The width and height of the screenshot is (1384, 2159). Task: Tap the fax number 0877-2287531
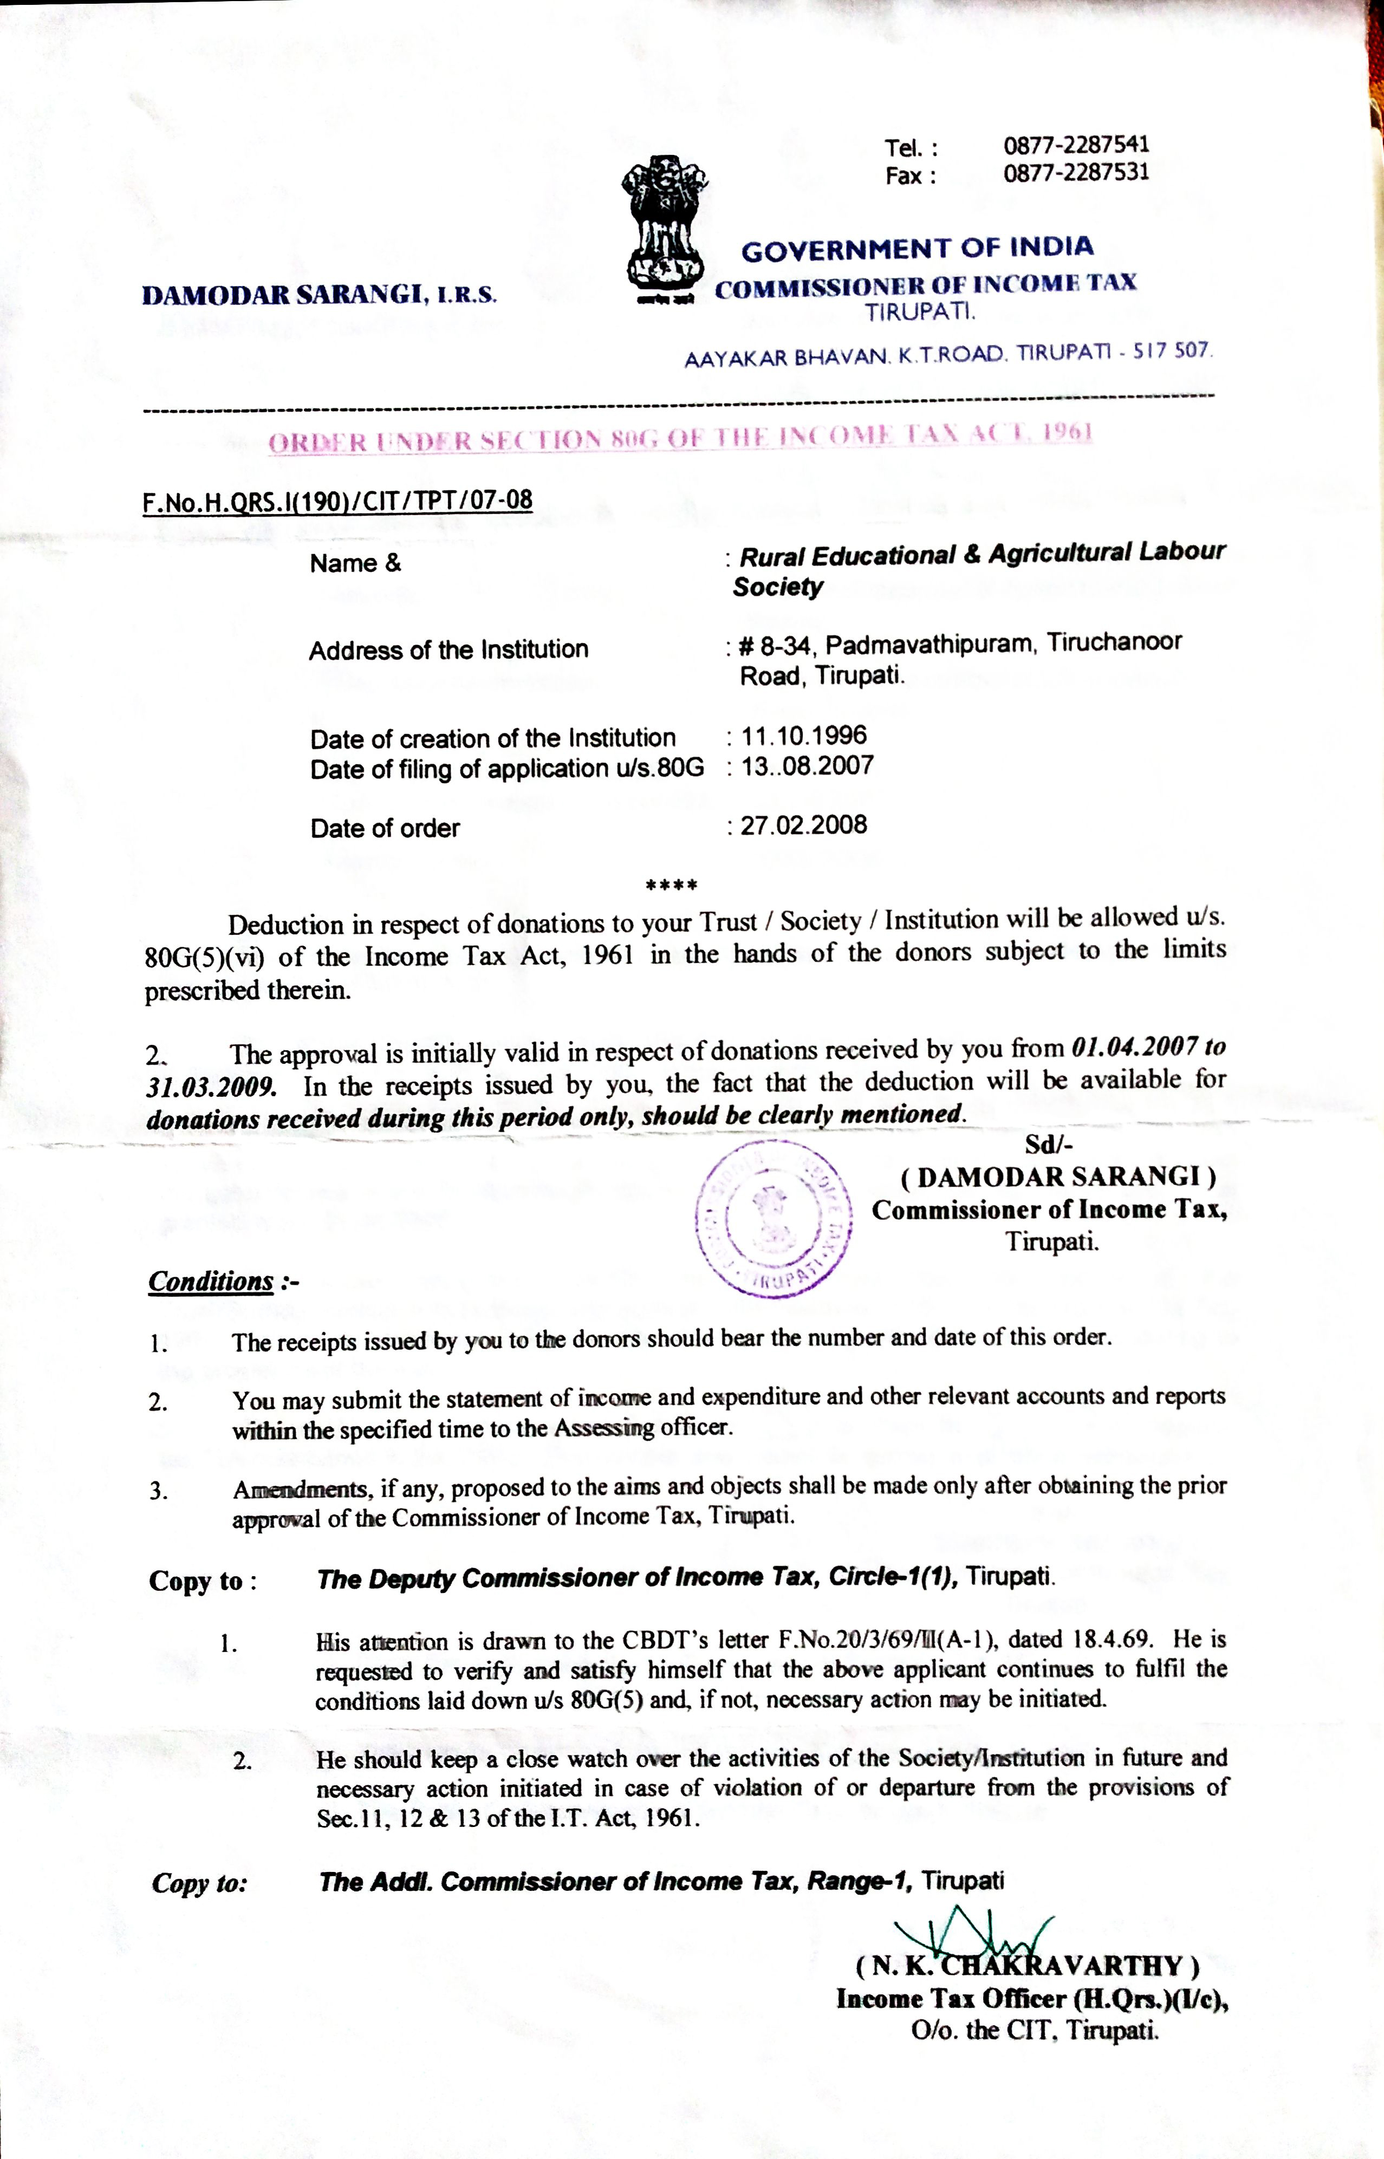(x=1076, y=172)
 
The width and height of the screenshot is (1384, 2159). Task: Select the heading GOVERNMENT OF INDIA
(x=917, y=249)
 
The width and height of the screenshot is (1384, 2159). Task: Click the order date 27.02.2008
(x=803, y=825)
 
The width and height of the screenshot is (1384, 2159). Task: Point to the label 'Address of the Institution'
(x=449, y=649)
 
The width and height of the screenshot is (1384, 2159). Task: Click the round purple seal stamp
(x=775, y=1218)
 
